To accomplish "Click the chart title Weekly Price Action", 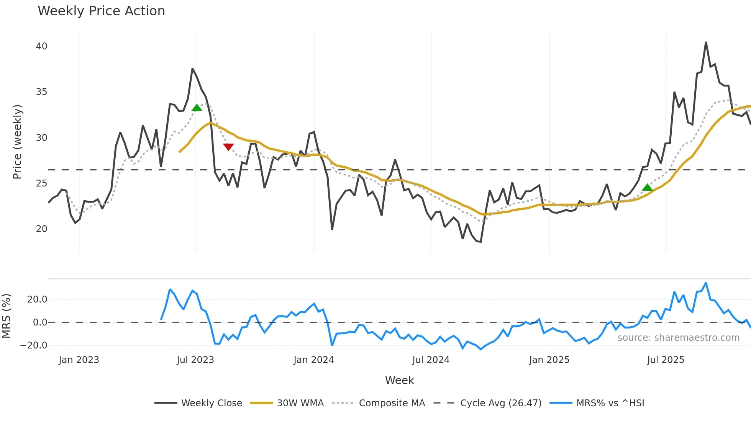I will (x=101, y=11).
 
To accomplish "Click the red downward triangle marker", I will (x=228, y=147).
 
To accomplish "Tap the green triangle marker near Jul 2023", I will (x=197, y=108).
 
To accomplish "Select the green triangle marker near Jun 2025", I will (x=647, y=187).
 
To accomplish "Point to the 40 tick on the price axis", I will (x=42, y=46).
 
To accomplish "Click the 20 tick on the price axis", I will (x=42, y=229).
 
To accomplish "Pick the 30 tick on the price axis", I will (x=42, y=138).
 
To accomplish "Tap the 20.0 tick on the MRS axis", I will (x=37, y=299).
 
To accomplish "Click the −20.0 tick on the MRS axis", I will (x=34, y=345).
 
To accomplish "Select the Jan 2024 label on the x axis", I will (x=314, y=360).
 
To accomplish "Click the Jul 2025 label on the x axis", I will (x=666, y=360).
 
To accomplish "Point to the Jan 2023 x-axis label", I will (x=79, y=360).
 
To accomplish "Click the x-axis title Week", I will (x=399, y=380).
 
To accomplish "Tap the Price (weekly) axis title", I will (x=18, y=142).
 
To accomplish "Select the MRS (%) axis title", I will (x=6, y=316).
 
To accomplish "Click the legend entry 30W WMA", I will (x=300, y=403).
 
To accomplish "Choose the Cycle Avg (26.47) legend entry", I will (x=500, y=403).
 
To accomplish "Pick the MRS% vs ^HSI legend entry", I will (x=610, y=403).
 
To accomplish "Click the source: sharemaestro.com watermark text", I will (x=678, y=338).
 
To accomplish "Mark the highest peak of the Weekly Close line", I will (x=706, y=43).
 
